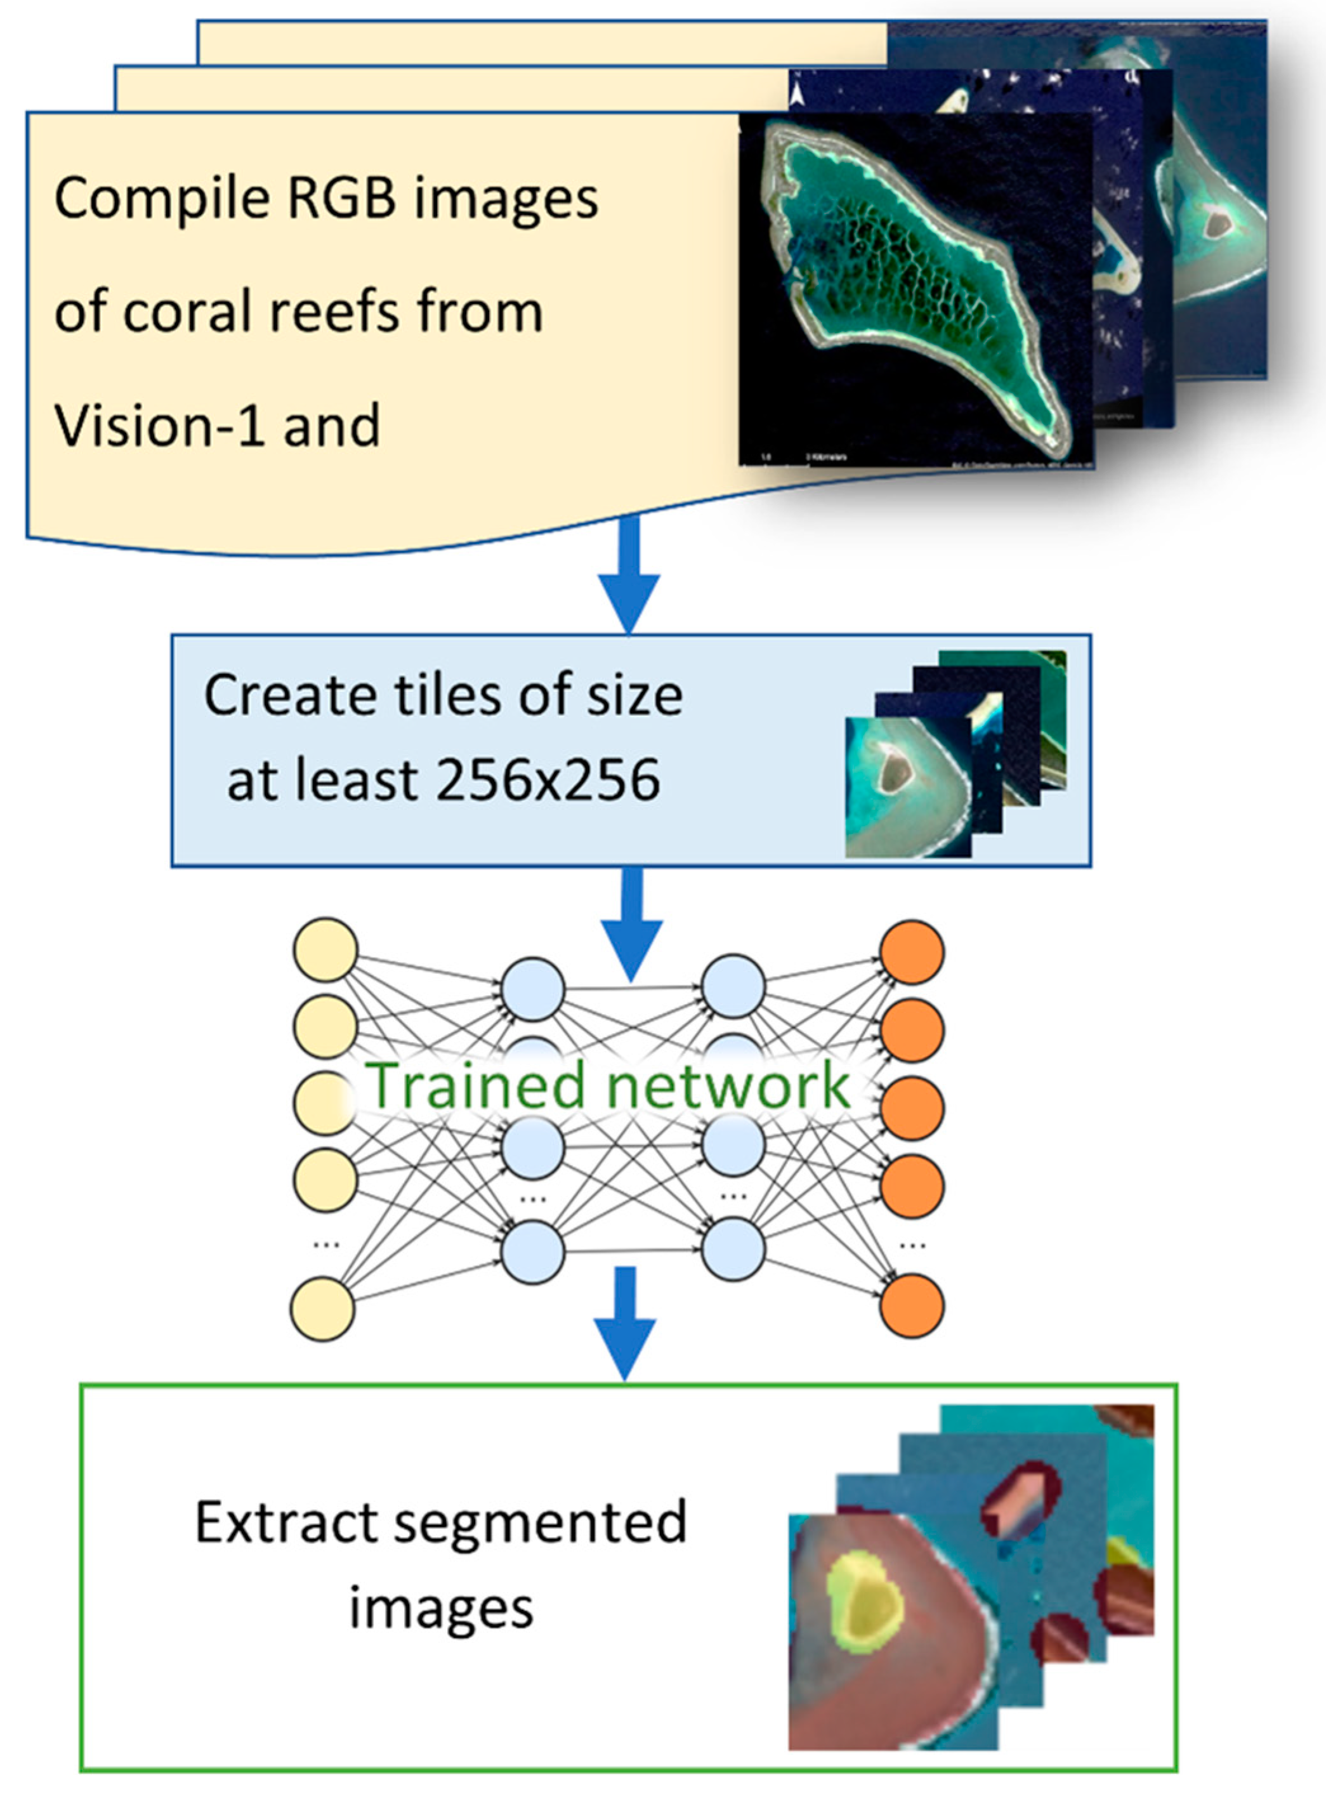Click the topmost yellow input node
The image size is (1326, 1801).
point(325,950)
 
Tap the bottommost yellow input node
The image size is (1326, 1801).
point(323,1308)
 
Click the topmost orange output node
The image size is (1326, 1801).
point(912,951)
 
